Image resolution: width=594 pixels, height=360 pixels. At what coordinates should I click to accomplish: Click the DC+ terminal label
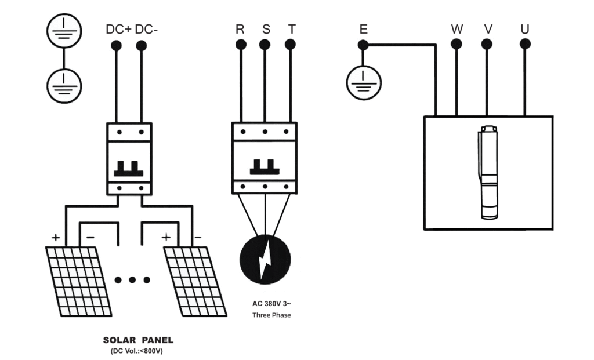(118, 30)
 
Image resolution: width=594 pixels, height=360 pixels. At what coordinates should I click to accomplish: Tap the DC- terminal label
(146, 30)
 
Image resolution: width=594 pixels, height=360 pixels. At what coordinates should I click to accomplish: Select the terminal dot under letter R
(241, 45)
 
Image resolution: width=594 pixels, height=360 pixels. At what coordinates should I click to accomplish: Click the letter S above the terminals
(266, 29)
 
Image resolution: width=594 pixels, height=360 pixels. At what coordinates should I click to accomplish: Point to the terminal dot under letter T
(290, 45)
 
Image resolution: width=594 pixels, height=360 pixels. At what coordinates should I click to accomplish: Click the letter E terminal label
(363, 29)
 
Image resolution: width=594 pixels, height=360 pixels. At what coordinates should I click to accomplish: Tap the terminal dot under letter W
(457, 44)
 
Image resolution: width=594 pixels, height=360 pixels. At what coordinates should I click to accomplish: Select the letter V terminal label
(488, 29)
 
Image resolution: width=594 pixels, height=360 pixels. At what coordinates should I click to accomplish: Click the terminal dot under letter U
(525, 44)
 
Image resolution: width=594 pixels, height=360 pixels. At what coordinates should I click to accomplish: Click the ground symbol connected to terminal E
(364, 83)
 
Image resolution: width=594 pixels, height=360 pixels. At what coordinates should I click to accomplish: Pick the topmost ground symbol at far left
(64, 31)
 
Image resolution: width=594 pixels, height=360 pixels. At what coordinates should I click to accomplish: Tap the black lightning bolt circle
(265, 260)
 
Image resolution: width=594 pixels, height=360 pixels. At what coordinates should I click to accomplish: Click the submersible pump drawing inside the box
(488, 173)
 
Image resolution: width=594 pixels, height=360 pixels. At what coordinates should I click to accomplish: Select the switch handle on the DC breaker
(129, 169)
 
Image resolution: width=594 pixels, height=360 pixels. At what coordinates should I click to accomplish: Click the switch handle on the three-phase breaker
(265, 167)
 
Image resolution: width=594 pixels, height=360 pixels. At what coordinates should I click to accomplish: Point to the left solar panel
(79, 282)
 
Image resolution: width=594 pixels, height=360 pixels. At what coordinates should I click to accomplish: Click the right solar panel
(195, 282)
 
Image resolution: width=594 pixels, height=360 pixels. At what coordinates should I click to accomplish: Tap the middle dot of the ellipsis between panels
(132, 280)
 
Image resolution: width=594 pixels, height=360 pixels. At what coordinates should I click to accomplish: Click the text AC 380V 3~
(271, 304)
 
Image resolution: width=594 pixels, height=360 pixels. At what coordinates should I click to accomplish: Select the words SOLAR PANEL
(138, 340)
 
